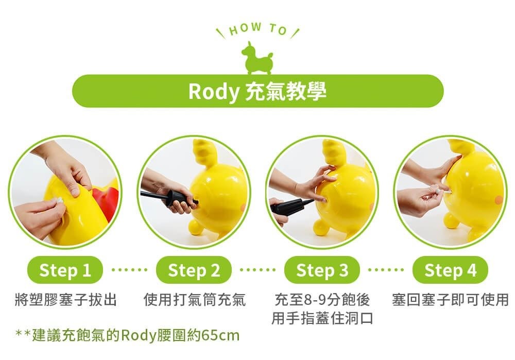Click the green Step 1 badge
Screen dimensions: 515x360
(x=65, y=270)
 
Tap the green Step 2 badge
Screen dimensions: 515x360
(x=194, y=270)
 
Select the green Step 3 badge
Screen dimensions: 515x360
(x=322, y=270)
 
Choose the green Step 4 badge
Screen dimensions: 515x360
(x=450, y=270)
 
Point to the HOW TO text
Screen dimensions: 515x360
(x=257, y=29)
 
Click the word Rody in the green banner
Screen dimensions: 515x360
(x=214, y=92)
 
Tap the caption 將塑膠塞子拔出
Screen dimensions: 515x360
(x=66, y=300)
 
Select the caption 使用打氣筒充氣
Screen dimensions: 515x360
(x=195, y=300)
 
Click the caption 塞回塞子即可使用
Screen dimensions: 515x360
(x=450, y=300)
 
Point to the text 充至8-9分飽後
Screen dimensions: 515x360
(x=322, y=300)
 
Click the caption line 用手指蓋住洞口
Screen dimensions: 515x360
(x=322, y=318)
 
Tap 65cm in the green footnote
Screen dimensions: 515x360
(x=221, y=335)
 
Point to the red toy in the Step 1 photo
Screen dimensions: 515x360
(x=106, y=200)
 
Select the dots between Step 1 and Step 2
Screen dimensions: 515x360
(x=129, y=270)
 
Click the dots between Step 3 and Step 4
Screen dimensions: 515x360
(x=386, y=270)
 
